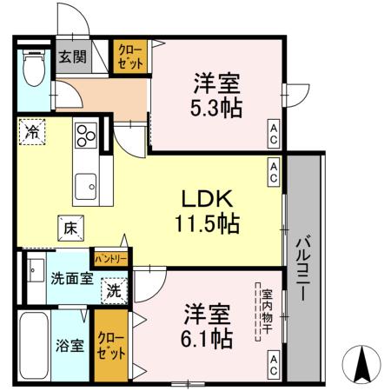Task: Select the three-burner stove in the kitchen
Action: [x=86, y=135]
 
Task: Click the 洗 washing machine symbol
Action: [x=113, y=290]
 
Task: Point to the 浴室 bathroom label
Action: [x=71, y=345]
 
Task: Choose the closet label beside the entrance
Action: [x=132, y=57]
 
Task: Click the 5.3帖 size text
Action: [x=217, y=107]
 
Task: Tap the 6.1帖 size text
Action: [x=209, y=339]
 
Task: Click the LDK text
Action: [x=205, y=195]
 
